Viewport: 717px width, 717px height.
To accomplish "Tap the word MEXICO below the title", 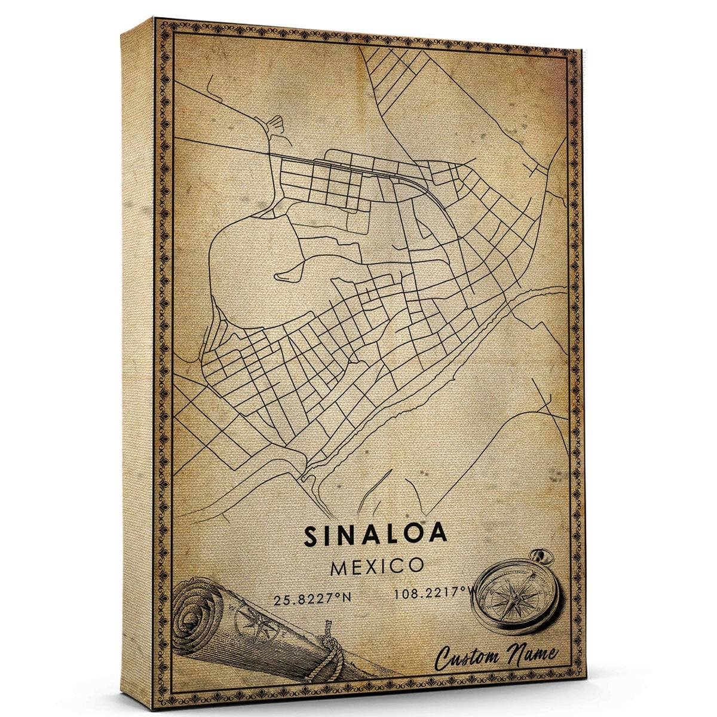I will click(x=377, y=566).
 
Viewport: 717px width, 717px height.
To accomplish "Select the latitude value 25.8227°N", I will click(x=311, y=599).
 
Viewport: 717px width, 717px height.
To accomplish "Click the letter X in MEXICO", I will click(x=380, y=566).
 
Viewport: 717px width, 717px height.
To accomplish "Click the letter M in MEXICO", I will click(x=338, y=566).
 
